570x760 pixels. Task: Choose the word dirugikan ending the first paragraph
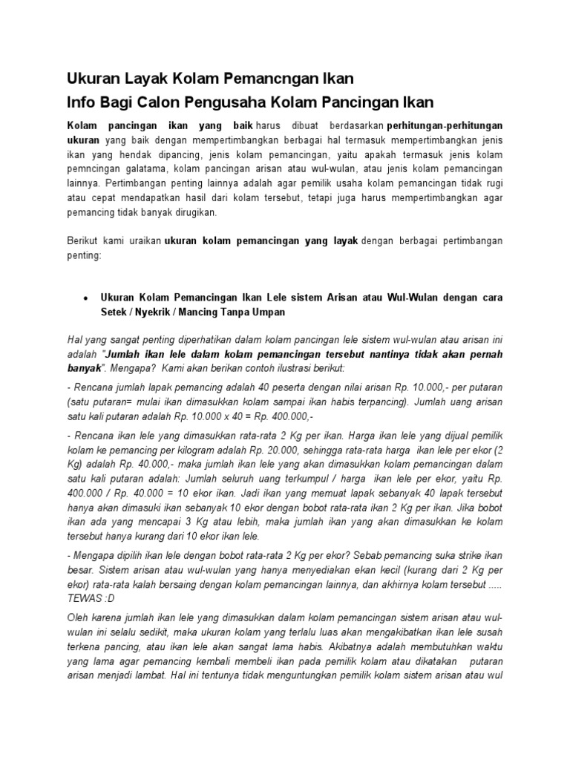(194, 212)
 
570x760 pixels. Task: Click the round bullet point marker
(86, 298)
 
